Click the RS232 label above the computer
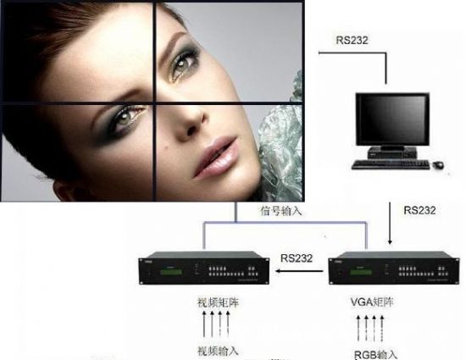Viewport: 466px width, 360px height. [352, 40]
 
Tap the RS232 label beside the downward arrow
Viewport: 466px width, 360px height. [419, 210]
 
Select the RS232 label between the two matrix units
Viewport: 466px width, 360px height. [297, 258]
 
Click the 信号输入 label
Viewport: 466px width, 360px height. [281, 211]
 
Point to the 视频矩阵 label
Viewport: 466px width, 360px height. [218, 302]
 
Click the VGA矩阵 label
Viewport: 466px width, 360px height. [372, 302]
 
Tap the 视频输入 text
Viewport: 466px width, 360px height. [218, 351]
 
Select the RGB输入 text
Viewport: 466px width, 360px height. [375, 355]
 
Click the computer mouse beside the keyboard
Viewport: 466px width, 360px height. [438, 164]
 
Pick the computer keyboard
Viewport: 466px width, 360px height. [391, 165]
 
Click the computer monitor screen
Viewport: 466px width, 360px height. [392, 119]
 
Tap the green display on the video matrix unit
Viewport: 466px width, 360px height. [171, 272]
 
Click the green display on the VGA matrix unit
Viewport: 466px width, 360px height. [360, 272]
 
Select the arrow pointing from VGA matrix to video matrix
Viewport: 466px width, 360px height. [299, 271]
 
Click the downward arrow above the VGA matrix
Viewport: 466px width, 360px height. [390, 224]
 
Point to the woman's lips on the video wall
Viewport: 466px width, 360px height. [216, 157]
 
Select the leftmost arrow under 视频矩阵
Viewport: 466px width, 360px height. [204, 324]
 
